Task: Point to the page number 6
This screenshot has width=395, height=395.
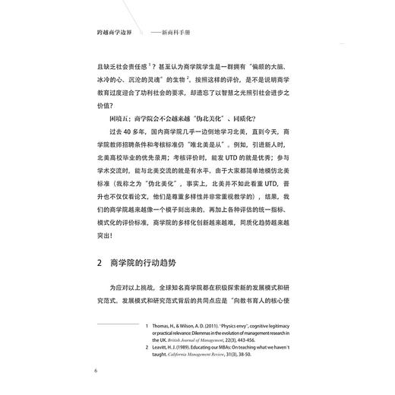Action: click(x=95, y=370)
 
